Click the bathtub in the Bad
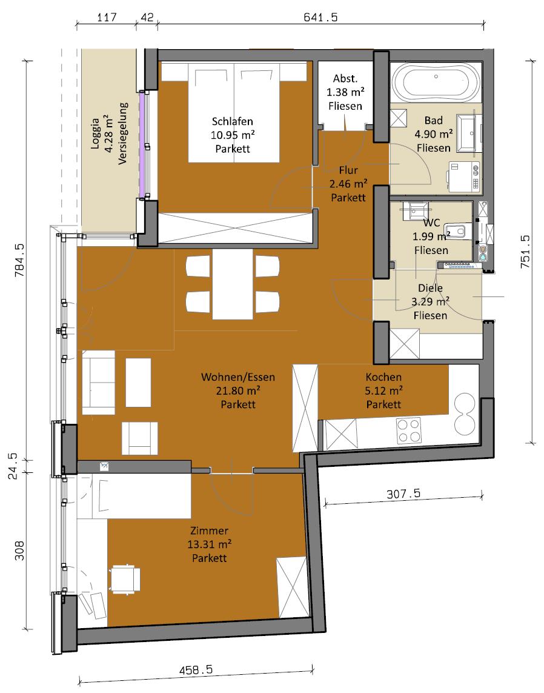[436, 82]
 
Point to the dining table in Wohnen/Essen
[233, 284]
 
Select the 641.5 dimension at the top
[320, 17]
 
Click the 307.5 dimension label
[403, 494]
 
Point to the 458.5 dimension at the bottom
[196, 670]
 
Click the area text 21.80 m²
[238, 390]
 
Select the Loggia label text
[95, 133]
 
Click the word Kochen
[383, 377]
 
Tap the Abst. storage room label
[345, 79]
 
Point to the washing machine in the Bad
[464, 177]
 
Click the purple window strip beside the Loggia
[142, 144]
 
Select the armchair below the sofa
[139, 438]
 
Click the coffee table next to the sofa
[138, 383]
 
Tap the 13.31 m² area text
[209, 544]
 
